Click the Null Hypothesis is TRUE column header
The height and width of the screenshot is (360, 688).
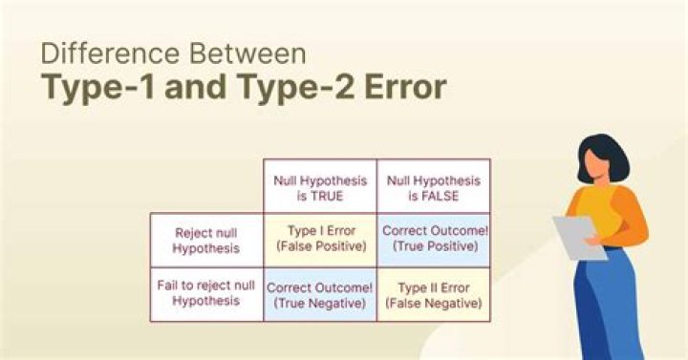click(320, 186)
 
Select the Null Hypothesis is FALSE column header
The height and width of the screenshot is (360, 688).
click(434, 186)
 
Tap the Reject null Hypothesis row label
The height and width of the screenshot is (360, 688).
click(206, 240)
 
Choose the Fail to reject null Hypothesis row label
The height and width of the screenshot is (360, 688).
click(206, 294)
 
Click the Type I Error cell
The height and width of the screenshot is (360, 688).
click(320, 240)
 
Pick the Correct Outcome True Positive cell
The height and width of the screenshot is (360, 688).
click(434, 240)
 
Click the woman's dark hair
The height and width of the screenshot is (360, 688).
click(600, 159)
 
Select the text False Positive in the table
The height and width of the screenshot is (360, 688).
click(320, 248)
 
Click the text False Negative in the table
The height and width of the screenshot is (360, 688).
click(434, 304)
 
